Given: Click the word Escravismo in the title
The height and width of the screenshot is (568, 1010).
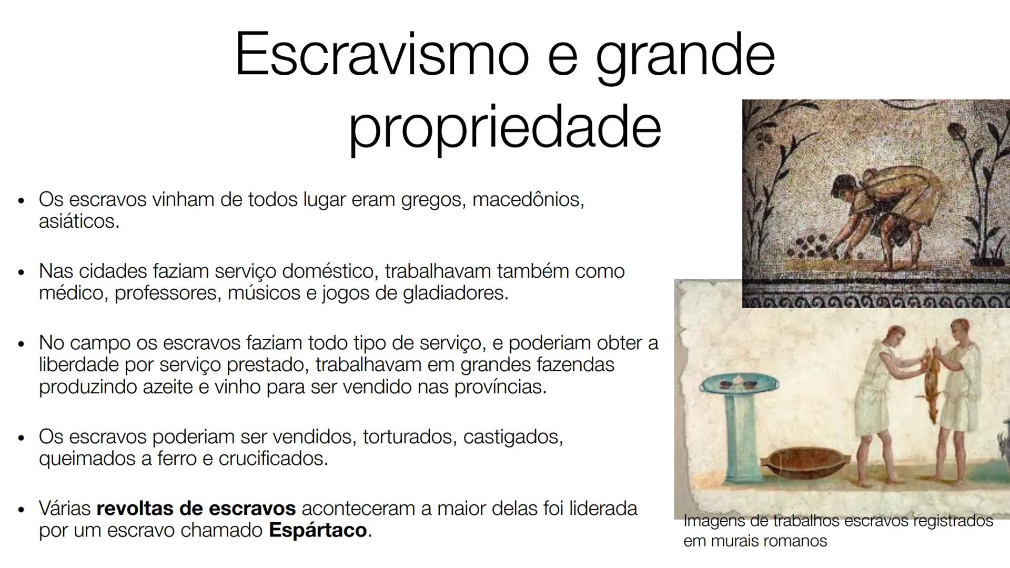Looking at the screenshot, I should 381,54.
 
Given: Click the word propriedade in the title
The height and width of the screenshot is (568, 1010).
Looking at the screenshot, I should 504,127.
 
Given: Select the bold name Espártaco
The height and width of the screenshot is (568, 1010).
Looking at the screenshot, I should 317,530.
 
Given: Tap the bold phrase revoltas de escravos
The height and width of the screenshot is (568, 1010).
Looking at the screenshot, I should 196,509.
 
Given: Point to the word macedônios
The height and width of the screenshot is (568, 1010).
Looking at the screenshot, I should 528,200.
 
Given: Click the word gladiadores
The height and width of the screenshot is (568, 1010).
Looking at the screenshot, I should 456,293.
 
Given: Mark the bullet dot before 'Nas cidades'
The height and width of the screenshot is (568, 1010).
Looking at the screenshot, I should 21,272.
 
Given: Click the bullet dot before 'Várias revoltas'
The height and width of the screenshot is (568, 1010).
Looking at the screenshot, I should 21,510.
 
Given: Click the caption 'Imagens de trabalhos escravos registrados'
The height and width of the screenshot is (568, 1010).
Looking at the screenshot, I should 838,521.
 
